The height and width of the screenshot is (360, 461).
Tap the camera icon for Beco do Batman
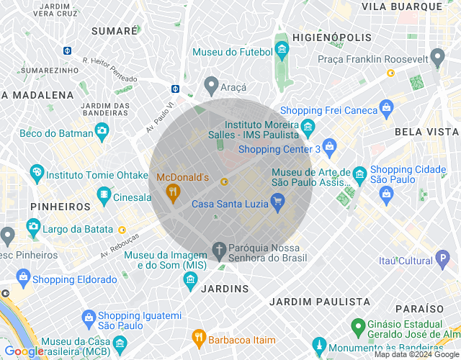(x=102, y=132)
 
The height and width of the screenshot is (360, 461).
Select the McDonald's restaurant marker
(x=172, y=192)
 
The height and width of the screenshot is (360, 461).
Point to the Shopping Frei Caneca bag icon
(x=387, y=109)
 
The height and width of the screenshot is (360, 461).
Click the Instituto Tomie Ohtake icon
(x=36, y=173)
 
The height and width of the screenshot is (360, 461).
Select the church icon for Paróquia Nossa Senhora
(x=218, y=250)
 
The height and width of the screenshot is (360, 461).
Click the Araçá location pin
(x=211, y=86)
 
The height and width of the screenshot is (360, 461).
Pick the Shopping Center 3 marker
(x=330, y=148)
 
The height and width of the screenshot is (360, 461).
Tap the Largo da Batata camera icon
(x=33, y=228)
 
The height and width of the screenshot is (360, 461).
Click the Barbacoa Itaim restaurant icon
(x=198, y=337)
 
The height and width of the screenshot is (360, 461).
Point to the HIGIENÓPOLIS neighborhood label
(x=333, y=37)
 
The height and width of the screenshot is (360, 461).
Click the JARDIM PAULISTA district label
(x=320, y=302)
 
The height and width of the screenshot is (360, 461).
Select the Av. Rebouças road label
(x=119, y=245)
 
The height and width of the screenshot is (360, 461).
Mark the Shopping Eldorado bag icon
(x=22, y=278)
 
